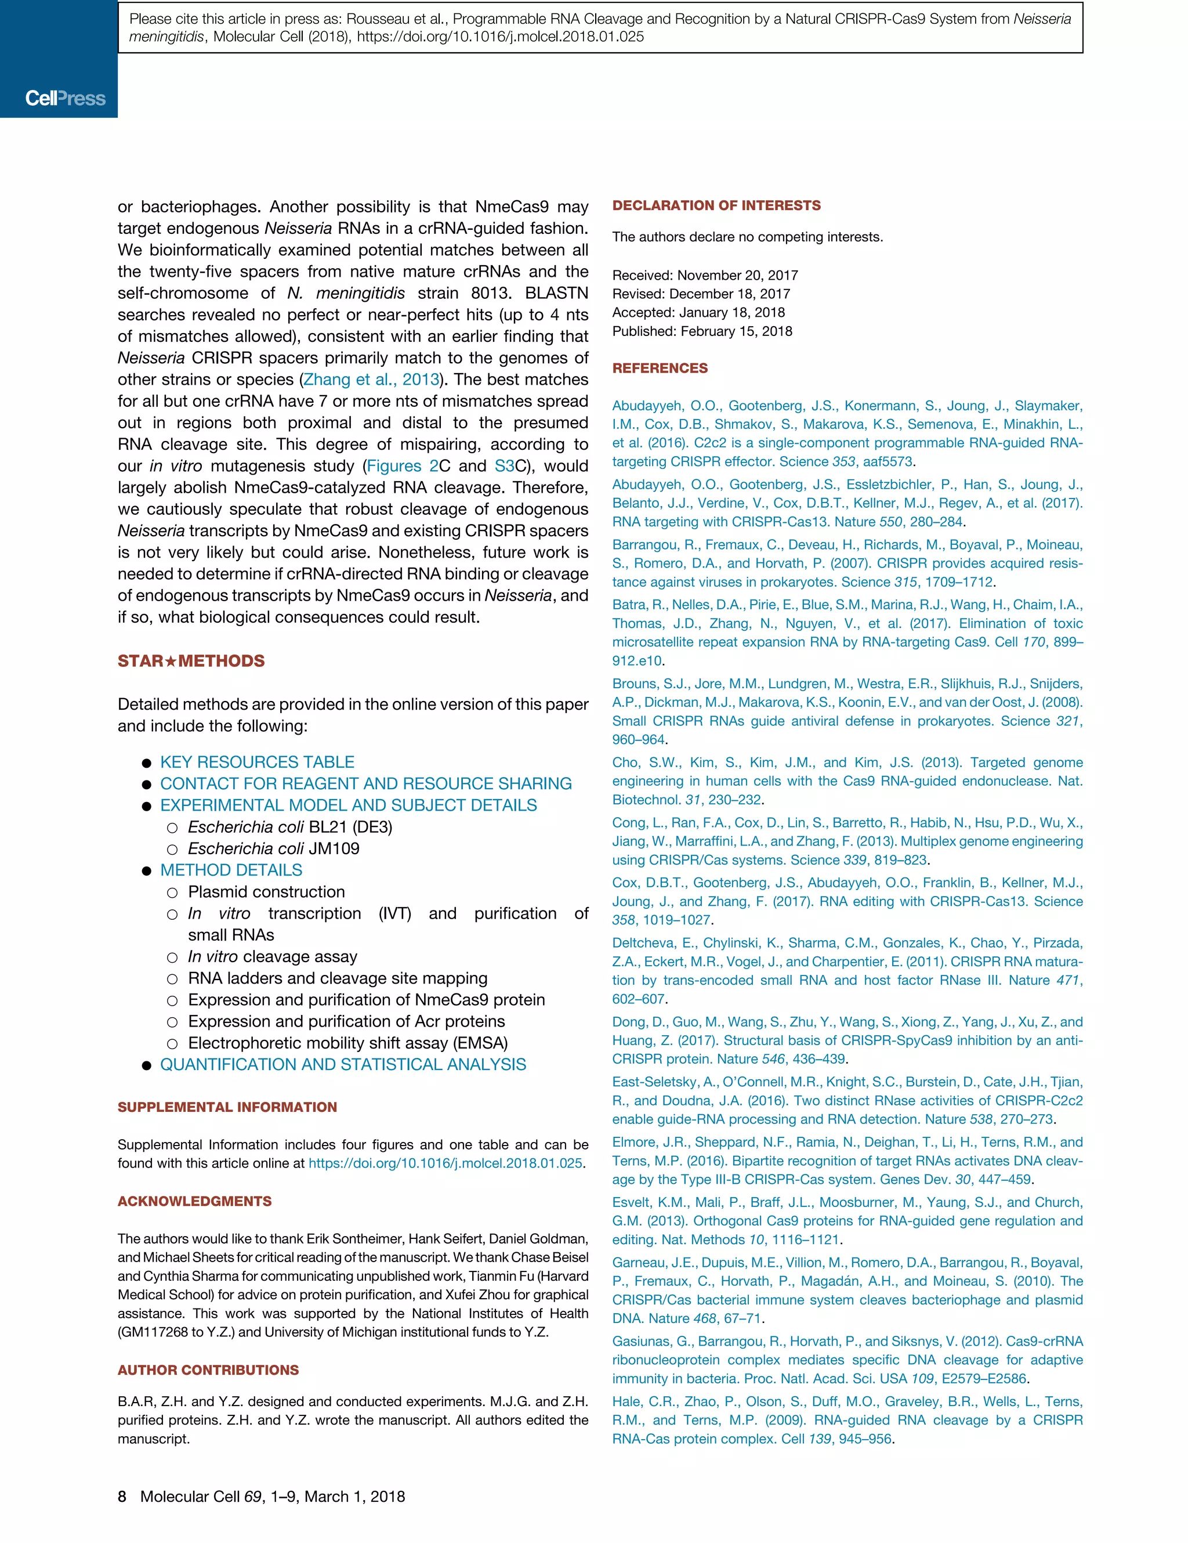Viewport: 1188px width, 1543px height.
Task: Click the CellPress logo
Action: tap(65, 98)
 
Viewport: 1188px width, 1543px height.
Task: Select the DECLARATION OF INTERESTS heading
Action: tap(716, 205)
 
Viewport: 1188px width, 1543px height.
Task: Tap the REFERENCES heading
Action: tap(660, 368)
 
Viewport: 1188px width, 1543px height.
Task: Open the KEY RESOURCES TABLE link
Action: tap(257, 763)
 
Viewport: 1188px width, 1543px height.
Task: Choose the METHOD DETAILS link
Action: tap(231, 870)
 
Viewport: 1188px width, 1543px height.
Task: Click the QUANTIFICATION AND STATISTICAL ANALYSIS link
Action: tap(343, 1065)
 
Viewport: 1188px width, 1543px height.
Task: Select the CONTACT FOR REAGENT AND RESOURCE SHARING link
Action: tap(365, 783)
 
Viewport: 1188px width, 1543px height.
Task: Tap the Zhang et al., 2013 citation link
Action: tap(371, 380)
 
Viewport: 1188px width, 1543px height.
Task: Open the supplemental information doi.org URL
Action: tap(445, 1163)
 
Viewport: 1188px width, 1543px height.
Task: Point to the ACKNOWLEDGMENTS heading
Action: tap(194, 1201)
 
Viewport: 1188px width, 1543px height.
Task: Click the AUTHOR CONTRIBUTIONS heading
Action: tap(208, 1370)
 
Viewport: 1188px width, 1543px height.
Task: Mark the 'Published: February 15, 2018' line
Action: tap(702, 331)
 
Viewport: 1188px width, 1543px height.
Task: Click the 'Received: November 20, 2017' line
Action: tap(705, 276)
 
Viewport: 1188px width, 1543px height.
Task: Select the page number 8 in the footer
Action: tap(122, 1497)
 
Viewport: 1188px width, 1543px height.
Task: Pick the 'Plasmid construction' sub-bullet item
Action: tap(266, 892)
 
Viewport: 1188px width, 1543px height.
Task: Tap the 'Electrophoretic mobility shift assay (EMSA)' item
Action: tap(347, 1043)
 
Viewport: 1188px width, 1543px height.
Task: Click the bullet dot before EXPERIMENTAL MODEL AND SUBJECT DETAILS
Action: tap(147, 806)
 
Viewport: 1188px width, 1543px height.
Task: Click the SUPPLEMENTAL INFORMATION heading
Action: tap(227, 1107)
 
